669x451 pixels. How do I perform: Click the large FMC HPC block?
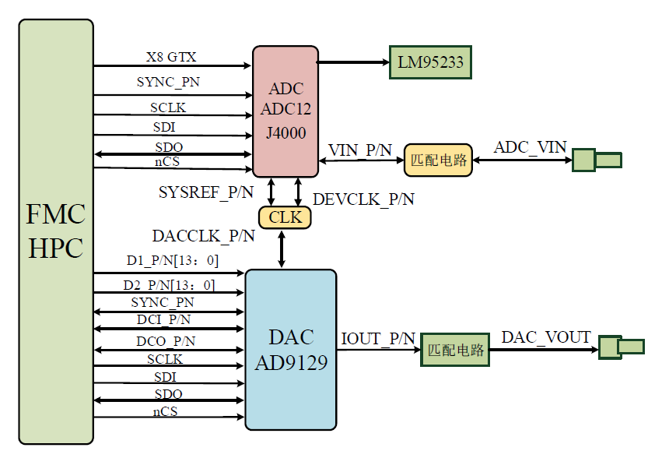(x=56, y=231)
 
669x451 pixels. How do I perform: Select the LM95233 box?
(x=430, y=62)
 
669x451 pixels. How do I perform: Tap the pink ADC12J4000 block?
(x=285, y=111)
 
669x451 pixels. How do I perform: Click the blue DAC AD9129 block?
(x=291, y=350)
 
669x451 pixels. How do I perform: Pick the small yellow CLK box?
(x=285, y=217)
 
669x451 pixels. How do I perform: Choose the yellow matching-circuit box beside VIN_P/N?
(x=438, y=160)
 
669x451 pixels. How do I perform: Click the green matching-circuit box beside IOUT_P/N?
(x=456, y=350)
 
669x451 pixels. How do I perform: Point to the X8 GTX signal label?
(x=171, y=58)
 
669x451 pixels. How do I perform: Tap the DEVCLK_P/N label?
(x=363, y=199)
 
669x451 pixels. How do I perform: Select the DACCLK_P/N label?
(x=204, y=235)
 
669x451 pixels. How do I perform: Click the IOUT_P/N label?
(x=378, y=339)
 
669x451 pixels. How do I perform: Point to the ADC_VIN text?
(x=531, y=148)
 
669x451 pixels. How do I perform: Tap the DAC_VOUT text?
(x=546, y=337)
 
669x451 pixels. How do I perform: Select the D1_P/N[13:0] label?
(x=172, y=260)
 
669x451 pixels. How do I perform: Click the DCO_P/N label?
(x=166, y=340)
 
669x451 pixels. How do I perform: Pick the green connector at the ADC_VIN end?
(x=597, y=160)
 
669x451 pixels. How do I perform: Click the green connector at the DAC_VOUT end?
(x=622, y=347)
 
